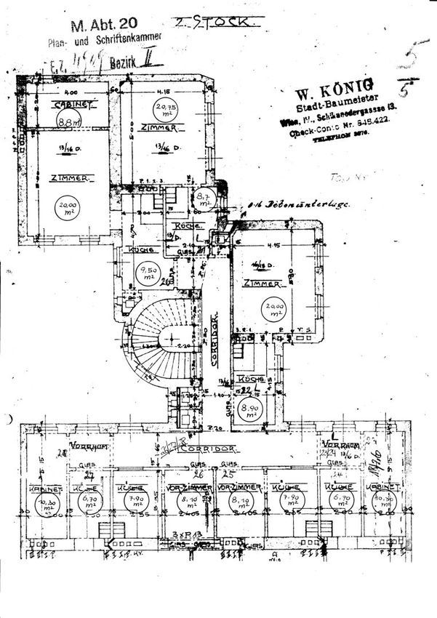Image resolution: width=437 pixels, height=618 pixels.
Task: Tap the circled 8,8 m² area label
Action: click(69, 121)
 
